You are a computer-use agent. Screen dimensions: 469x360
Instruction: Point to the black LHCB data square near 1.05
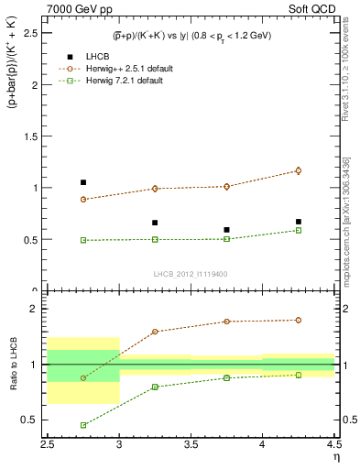coord(83,182)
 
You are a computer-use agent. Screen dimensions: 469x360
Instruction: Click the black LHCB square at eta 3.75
coord(226,230)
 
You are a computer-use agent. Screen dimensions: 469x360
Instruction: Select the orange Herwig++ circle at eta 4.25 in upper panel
coord(298,170)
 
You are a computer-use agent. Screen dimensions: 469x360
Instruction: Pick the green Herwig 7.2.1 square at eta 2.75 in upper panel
coord(83,240)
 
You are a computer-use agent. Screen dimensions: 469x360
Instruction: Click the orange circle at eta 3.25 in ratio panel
coord(155,332)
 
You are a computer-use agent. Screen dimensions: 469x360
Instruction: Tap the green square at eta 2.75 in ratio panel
coord(83,425)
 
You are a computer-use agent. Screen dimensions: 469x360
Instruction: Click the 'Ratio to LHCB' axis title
coord(12,366)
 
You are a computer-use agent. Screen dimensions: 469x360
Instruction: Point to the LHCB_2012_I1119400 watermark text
coord(191,274)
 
